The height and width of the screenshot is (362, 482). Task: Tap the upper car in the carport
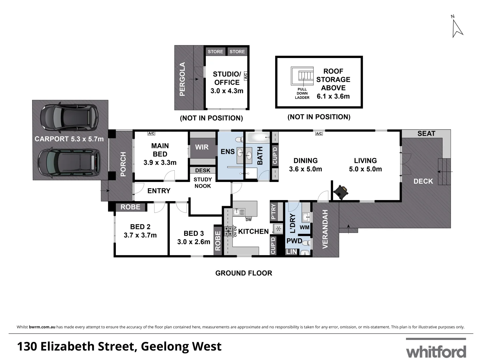pos(69,118)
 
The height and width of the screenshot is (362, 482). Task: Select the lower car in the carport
pos(69,163)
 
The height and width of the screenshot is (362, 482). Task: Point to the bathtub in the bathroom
pos(258,137)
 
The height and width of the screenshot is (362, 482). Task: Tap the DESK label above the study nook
pos(203,171)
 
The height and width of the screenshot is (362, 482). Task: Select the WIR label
pos(202,147)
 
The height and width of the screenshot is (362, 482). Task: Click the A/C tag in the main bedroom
pos(151,133)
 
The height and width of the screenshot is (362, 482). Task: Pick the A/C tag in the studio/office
pos(245,76)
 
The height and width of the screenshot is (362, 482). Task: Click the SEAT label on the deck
pos(426,133)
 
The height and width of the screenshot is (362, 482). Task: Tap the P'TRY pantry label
pos(273,212)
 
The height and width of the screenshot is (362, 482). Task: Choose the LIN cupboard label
pos(292,251)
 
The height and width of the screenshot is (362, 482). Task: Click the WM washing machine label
pos(305,228)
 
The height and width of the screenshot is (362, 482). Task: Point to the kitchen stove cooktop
pos(229,231)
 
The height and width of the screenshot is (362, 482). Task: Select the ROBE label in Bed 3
pos(218,241)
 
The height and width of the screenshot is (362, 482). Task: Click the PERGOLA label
pos(182,79)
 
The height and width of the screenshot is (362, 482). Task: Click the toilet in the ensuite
pos(239,139)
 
